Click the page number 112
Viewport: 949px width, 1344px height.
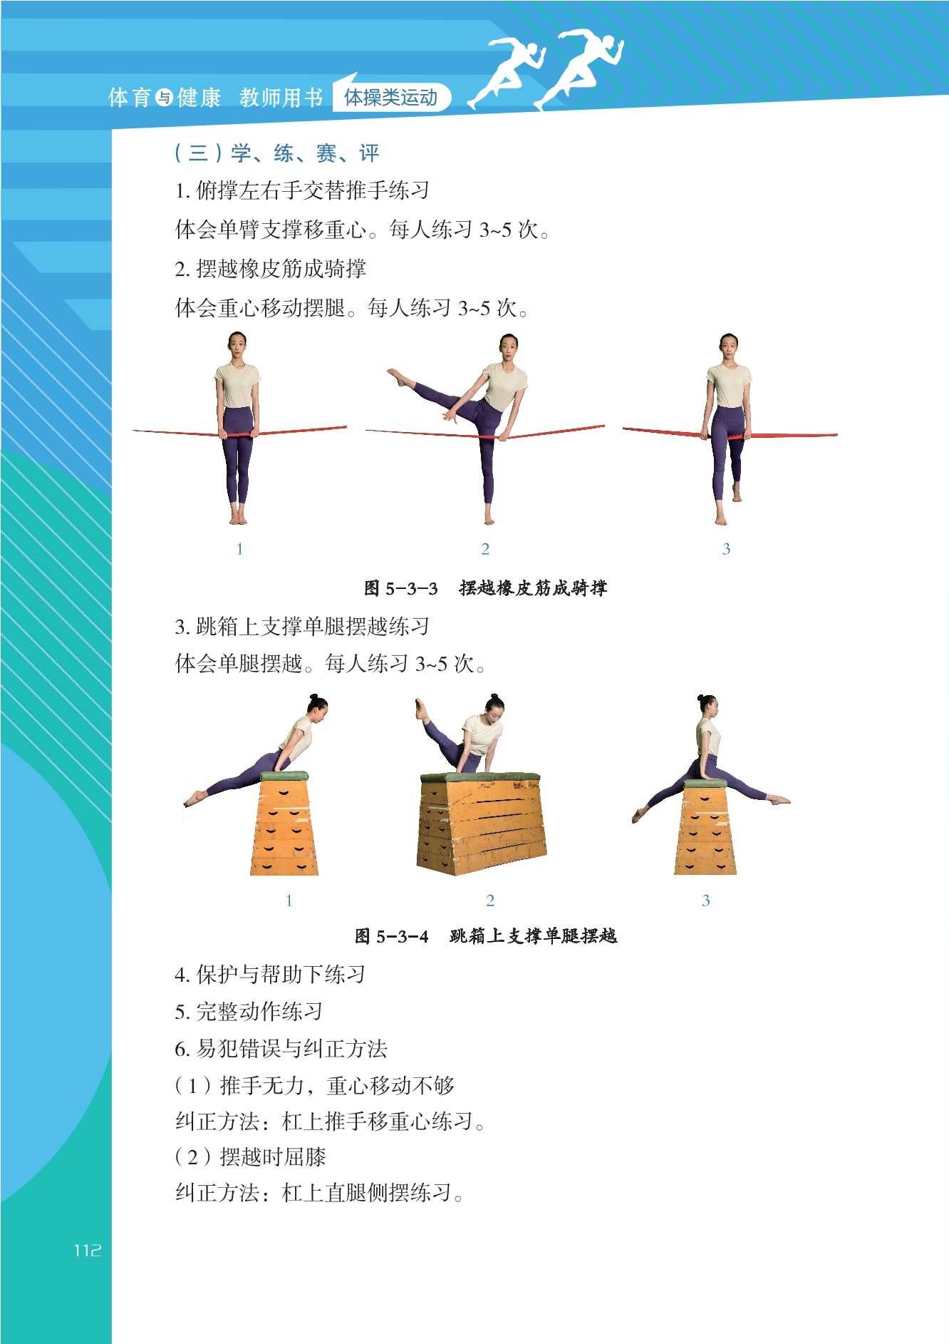(88, 1250)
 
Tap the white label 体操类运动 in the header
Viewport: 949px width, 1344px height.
(390, 97)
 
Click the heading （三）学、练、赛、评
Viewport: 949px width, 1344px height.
(276, 153)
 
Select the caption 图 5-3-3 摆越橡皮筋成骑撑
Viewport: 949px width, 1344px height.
(485, 588)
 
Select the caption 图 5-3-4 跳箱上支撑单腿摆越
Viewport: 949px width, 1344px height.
(486, 935)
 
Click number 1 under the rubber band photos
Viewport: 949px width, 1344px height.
(239, 549)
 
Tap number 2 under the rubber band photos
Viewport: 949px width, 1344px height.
(485, 549)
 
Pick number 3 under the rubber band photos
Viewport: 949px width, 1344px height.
(726, 549)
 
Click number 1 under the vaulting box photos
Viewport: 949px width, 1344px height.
(289, 901)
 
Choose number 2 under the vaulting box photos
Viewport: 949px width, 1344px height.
(490, 901)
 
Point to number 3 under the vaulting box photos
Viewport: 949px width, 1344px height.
(705, 901)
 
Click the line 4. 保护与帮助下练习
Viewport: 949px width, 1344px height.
(270, 974)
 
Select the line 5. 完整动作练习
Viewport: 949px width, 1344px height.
(249, 1011)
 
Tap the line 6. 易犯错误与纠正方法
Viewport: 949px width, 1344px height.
(281, 1048)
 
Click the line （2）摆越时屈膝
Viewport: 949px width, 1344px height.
(250, 1156)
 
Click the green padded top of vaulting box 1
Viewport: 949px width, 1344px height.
(284, 776)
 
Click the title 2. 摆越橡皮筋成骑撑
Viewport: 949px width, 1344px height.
(270, 268)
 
